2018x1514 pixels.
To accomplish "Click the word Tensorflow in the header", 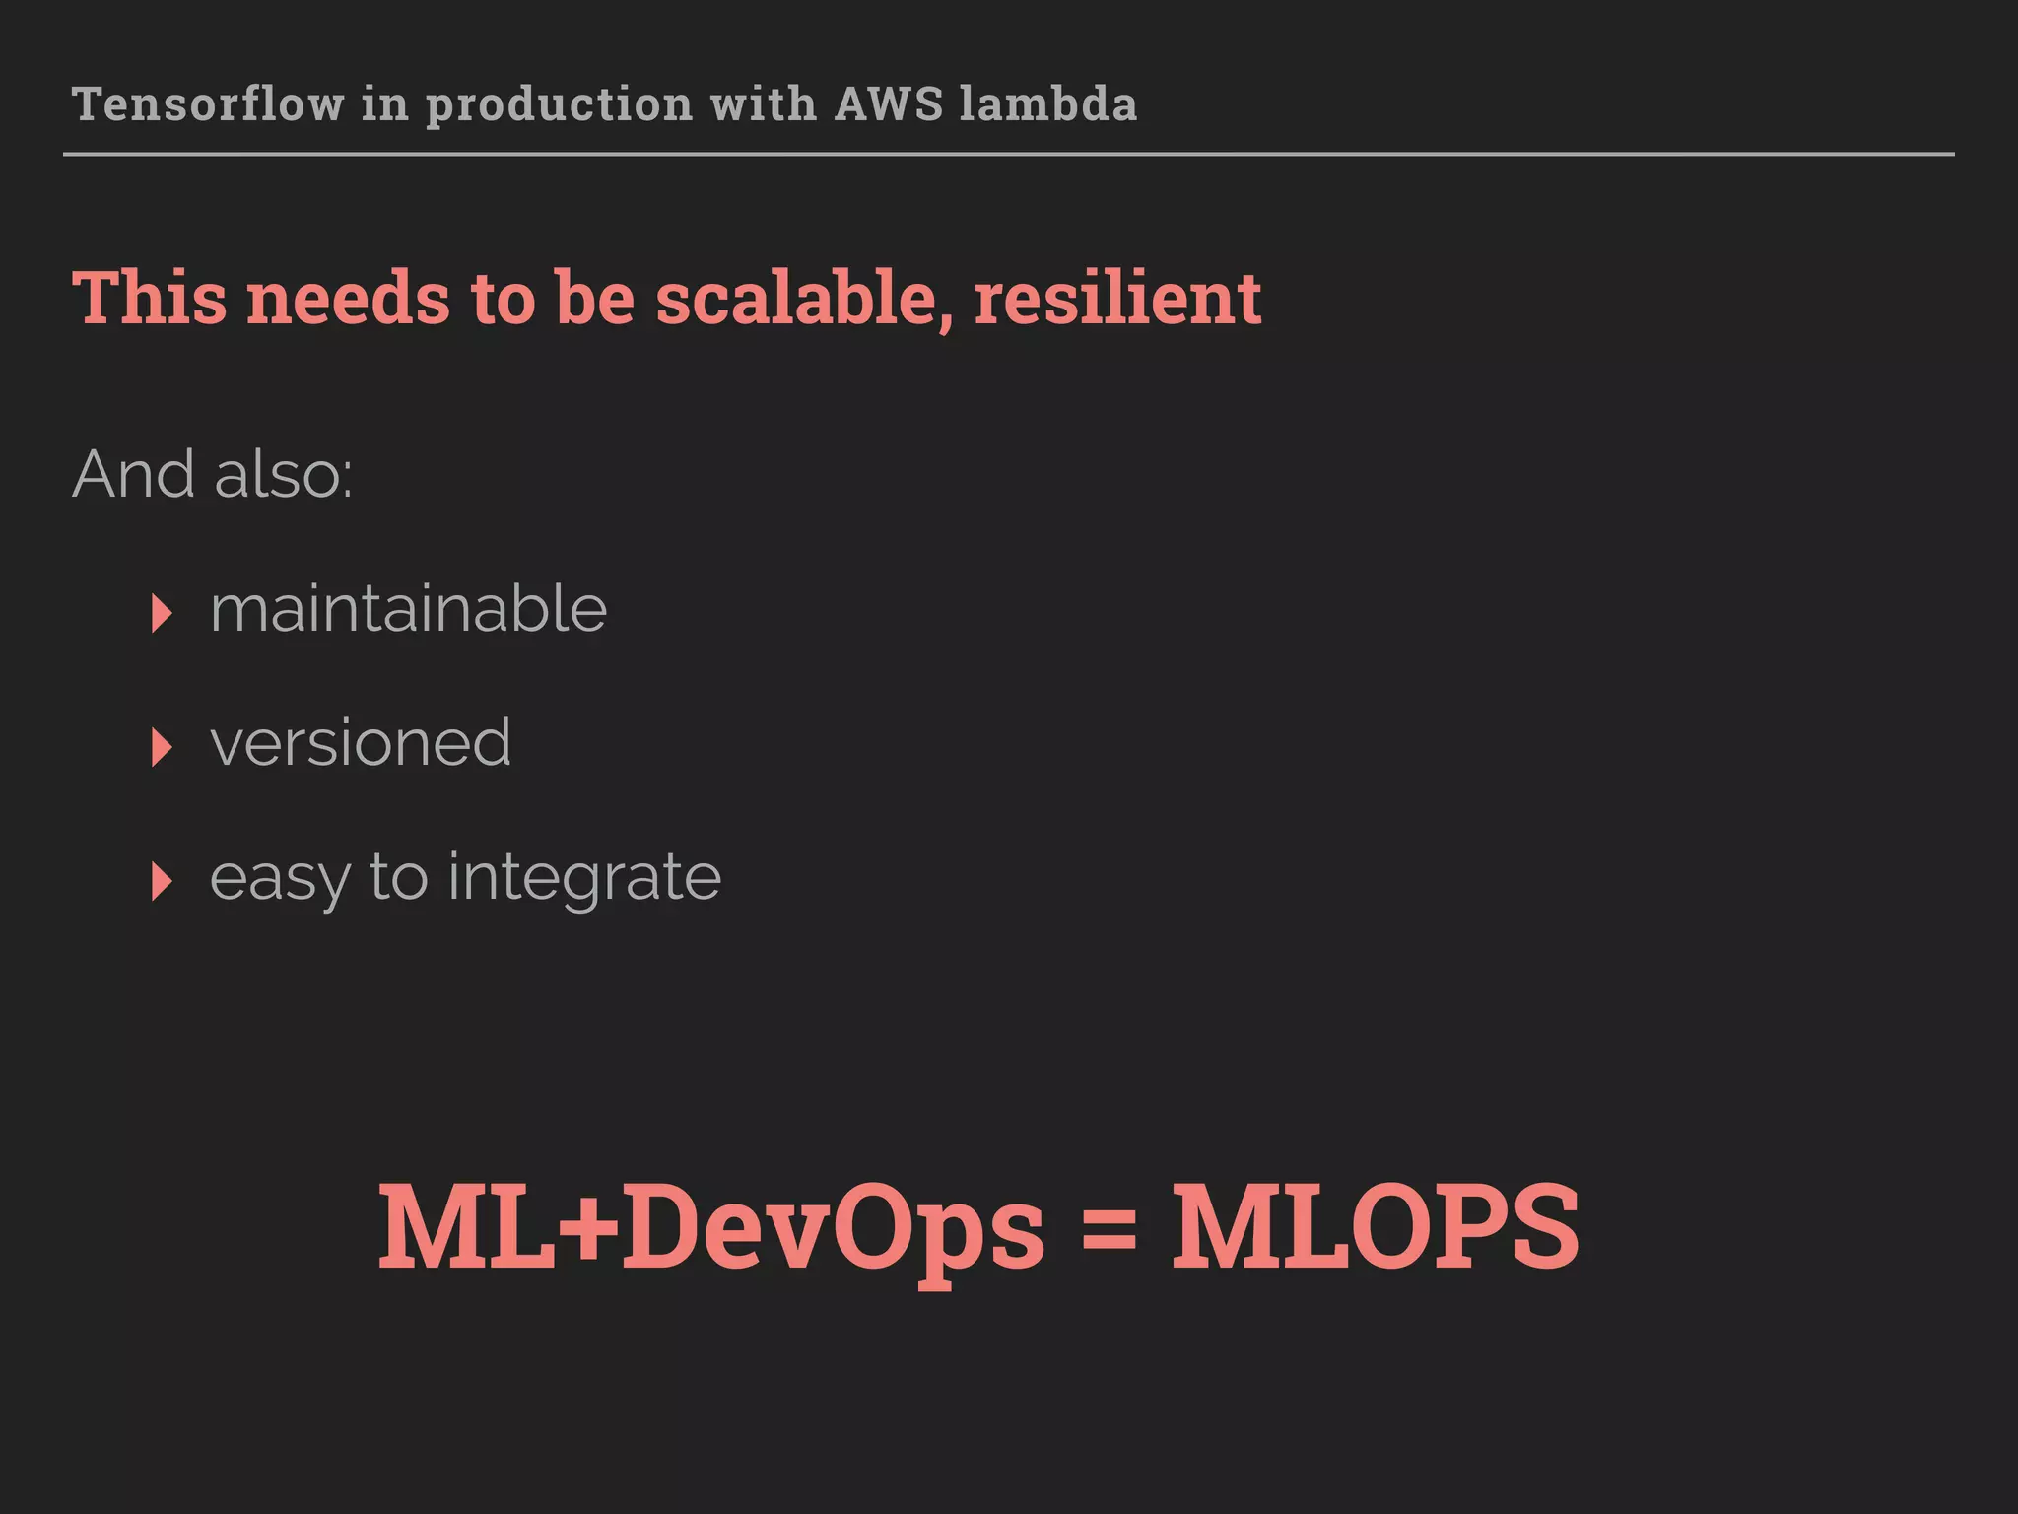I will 208,104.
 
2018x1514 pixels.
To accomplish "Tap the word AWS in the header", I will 890,104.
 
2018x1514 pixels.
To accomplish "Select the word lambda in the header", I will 1048,104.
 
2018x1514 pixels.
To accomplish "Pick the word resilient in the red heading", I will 1117,298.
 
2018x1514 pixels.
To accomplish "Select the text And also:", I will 213,475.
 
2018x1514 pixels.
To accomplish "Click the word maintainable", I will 408,609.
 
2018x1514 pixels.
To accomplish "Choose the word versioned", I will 361,743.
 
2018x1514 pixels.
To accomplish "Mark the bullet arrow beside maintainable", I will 162,613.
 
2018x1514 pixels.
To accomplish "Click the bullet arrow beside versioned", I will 162,747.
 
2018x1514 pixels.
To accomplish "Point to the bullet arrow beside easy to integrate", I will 162,881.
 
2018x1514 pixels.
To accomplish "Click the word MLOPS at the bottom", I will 1376,1228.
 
